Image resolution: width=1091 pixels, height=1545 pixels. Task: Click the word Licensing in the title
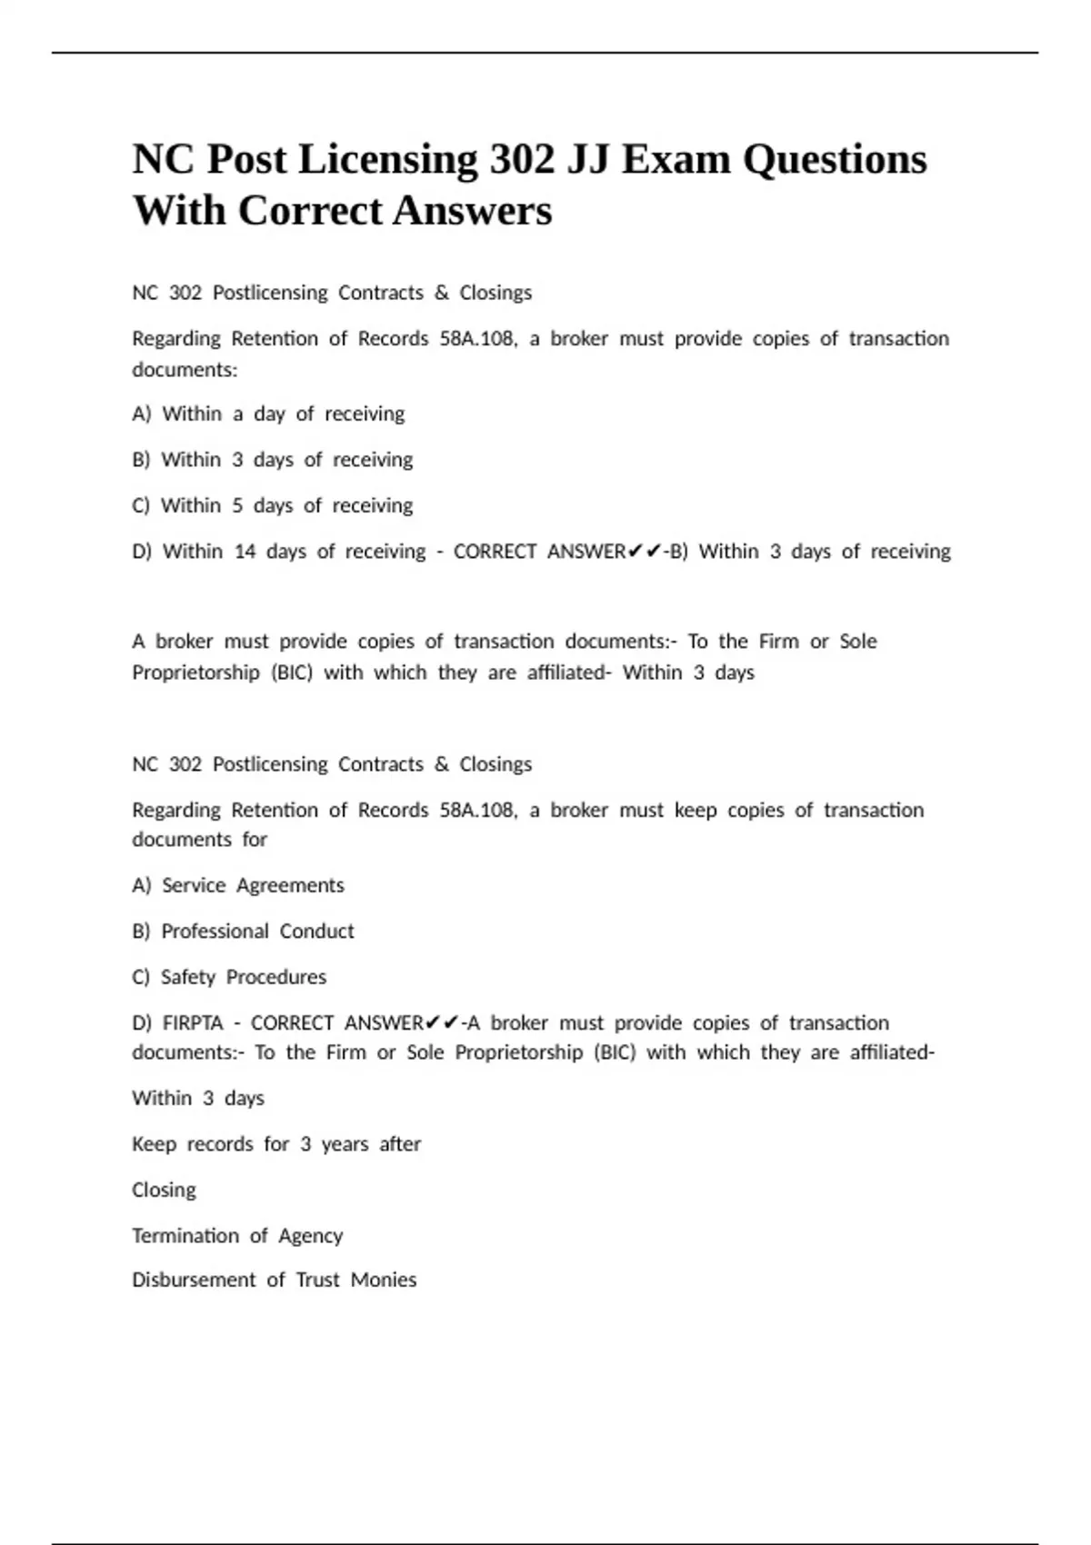click(x=387, y=160)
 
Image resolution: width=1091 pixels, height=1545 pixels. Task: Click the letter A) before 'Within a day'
click(x=141, y=414)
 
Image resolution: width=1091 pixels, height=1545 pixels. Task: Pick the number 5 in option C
click(x=237, y=505)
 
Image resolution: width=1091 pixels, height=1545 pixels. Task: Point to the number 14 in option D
click(x=245, y=552)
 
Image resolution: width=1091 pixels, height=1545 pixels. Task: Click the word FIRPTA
click(x=193, y=1023)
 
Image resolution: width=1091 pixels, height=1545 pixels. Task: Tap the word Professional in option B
click(x=215, y=932)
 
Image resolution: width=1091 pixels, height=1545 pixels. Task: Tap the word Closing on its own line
click(x=164, y=1191)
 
